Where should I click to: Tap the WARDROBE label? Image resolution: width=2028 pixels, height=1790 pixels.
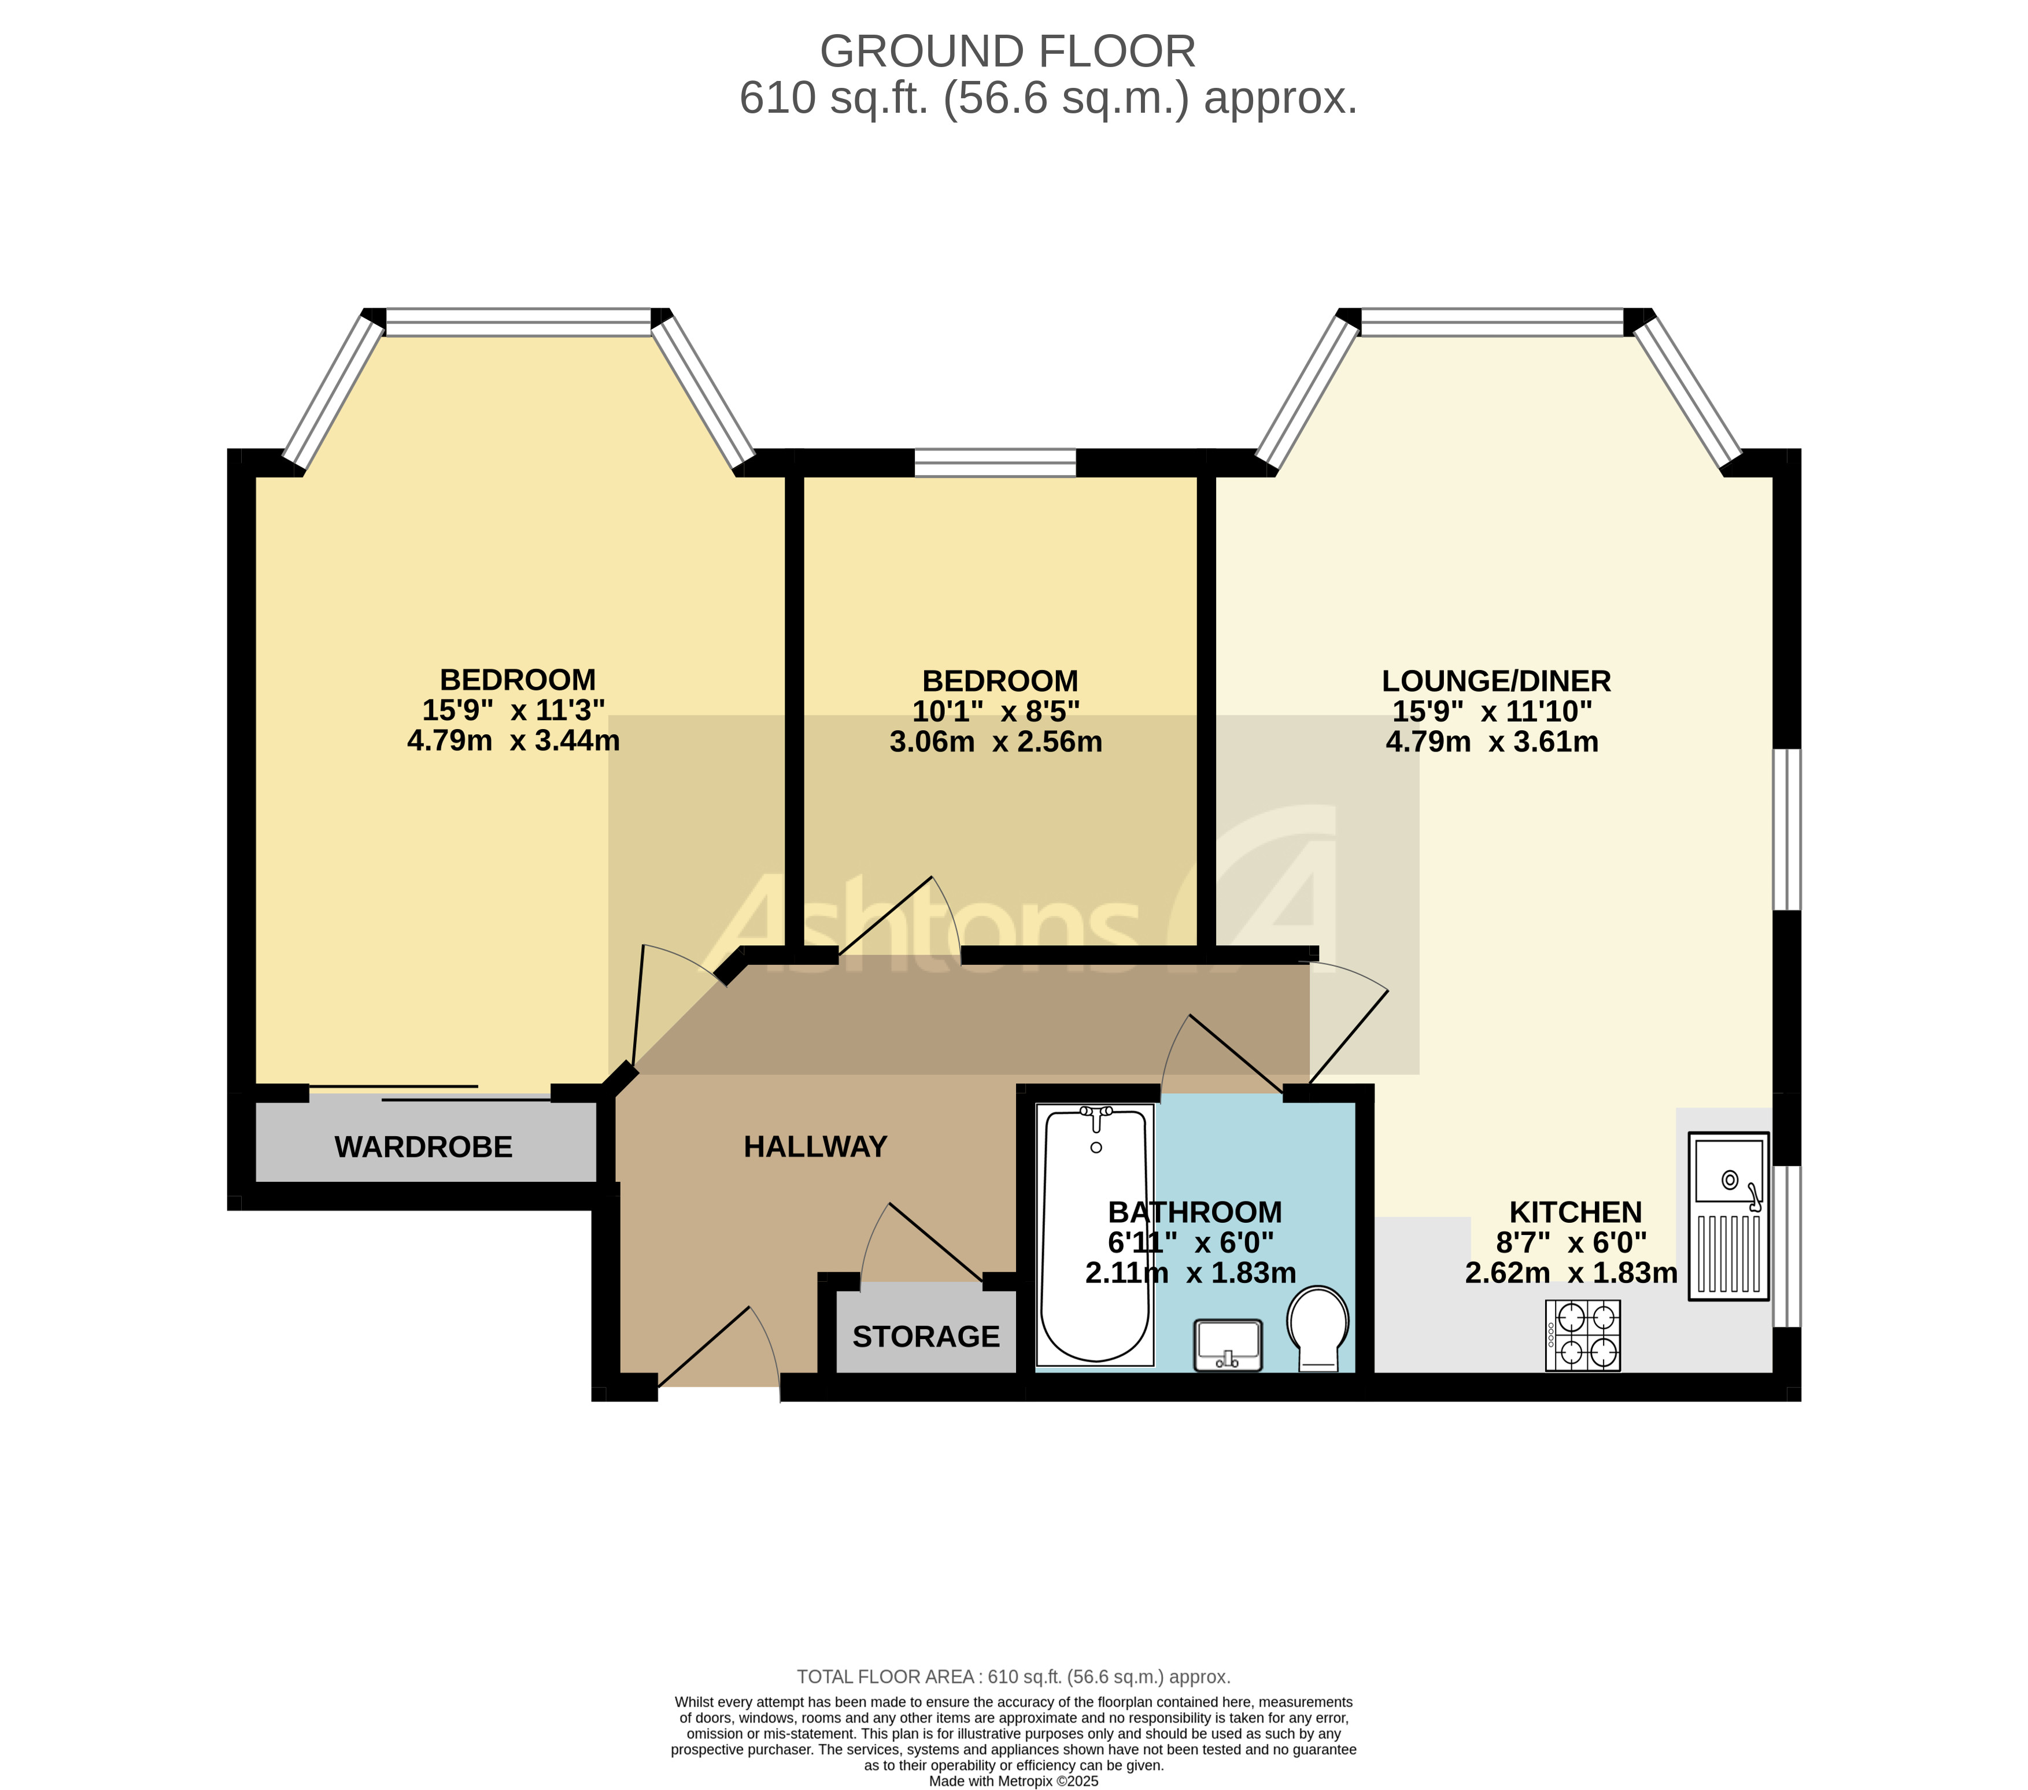pos(424,1147)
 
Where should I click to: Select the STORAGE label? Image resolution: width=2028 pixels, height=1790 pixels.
pos(926,1337)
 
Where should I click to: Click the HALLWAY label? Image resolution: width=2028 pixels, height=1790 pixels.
pos(815,1147)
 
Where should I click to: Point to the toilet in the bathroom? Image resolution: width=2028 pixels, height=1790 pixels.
pos(1318,1327)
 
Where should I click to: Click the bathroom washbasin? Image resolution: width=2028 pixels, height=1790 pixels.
pos(1228,1344)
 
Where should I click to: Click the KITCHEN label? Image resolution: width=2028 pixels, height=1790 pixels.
pos(1576,1212)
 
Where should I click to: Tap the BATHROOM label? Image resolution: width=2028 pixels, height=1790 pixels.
pos(1195,1212)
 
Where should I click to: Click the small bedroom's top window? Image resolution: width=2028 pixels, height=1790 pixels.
pos(995,463)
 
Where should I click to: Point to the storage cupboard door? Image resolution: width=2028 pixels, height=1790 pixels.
pos(933,1240)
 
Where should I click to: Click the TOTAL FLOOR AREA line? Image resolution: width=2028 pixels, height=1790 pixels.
pos(1013,1677)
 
